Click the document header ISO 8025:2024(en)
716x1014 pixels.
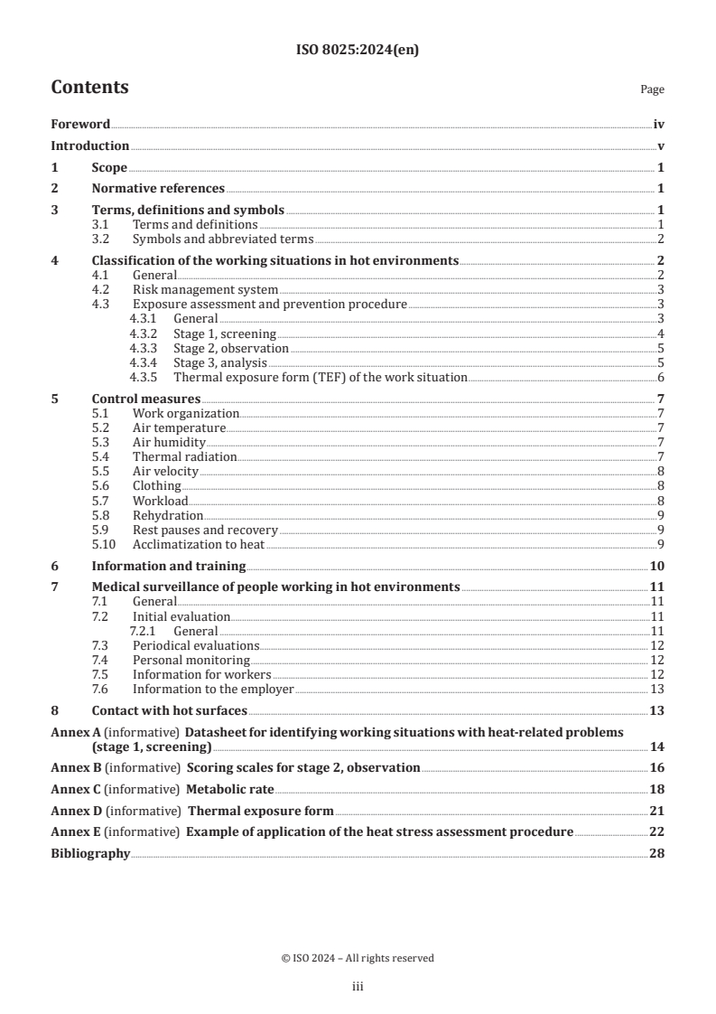tap(358, 51)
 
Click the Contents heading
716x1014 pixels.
tap(89, 88)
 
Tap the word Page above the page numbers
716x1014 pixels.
tap(652, 89)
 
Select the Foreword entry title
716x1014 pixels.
tap(80, 124)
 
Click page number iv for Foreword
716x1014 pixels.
tap(659, 124)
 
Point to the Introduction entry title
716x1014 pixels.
tap(89, 146)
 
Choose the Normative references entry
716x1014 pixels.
tap(158, 189)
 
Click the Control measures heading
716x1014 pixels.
tap(146, 399)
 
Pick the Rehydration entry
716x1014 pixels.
tap(168, 515)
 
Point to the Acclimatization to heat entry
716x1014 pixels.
tap(199, 544)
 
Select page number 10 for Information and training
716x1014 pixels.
tap(658, 567)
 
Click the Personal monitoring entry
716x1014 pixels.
tap(179, 660)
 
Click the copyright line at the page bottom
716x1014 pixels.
tap(358, 958)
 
